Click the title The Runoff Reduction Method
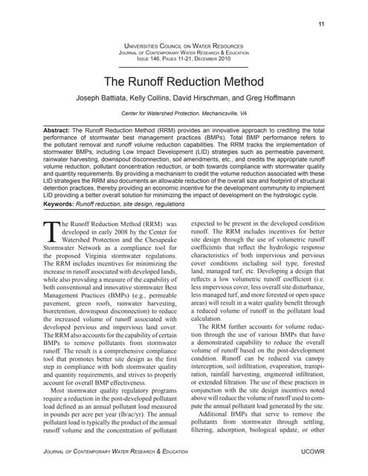(x=184, y=82)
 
